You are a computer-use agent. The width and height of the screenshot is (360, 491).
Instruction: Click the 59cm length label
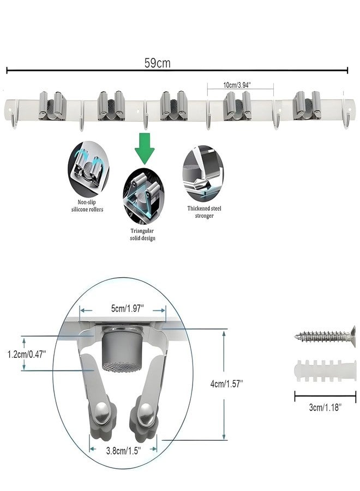coord(158,63)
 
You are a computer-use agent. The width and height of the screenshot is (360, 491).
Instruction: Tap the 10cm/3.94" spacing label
coord(237,85)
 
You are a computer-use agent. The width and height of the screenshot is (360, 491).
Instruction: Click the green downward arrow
coord(145,148)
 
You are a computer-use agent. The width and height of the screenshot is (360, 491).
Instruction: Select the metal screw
coord(325,337)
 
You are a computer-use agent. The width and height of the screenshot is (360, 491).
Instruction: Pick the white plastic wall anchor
coord(325,370)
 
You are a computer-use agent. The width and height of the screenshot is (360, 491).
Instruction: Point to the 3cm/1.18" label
coord(325,408)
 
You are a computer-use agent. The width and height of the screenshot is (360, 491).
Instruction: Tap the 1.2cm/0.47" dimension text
coord(27,354)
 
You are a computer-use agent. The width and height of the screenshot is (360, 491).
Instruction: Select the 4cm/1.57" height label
coord(227,384)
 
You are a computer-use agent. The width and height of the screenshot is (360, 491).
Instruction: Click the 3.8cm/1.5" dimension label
coord(123,451)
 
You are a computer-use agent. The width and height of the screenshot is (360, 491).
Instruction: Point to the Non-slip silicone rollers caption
coord(87,206)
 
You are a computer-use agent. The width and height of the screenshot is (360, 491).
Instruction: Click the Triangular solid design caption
coord(142,234)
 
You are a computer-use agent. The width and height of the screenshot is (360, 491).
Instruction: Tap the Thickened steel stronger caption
coord(204,212)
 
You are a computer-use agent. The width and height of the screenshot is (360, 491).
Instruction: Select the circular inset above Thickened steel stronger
coord(203,174)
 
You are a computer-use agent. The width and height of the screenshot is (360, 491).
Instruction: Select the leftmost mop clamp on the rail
coord(53,106)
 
